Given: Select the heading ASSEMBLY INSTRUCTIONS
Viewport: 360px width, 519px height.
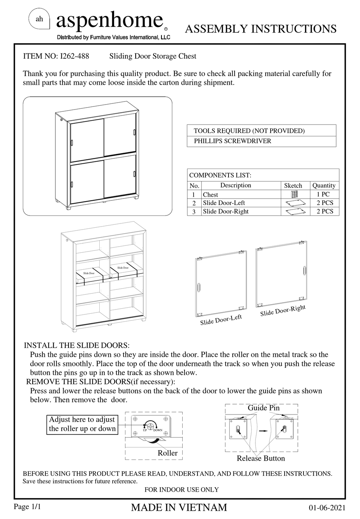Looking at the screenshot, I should (x=260, y=29).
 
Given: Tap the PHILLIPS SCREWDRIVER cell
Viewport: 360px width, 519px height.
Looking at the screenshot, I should (x=232, y=141).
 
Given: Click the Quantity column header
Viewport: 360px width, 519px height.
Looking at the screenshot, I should (x=324, y=185).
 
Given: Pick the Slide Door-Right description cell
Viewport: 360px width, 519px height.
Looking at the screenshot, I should (x=225, y=211).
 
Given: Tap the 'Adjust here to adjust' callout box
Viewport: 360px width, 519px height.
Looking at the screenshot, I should (x=82, y=424).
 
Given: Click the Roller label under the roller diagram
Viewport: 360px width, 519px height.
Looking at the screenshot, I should (x=167, y=453).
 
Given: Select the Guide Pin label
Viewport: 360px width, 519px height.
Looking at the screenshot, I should (x=263, y=408).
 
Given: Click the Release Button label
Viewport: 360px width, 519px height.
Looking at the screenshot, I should (x=261, y=458).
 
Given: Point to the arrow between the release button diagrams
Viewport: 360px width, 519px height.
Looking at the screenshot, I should (x=262, y=431).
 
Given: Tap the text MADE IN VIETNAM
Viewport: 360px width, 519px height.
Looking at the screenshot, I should (x=179, y=508).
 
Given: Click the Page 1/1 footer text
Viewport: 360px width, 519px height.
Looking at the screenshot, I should (x=27, y=506).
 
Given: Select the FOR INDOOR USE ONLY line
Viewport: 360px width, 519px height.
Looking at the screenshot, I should (x=182, y=489).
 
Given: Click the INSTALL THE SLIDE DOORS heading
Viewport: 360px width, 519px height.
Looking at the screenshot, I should (x=77, y=345).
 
